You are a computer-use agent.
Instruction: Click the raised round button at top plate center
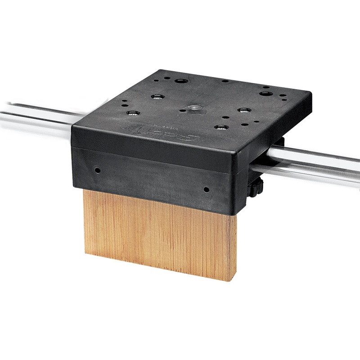195,108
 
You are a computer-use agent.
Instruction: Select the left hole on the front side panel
97,171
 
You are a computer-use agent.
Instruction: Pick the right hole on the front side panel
206,189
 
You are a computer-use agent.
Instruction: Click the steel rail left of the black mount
36,116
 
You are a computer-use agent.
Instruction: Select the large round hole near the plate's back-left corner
181,81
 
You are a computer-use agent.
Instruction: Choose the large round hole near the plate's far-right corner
265,94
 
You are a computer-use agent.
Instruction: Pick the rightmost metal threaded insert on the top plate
244,110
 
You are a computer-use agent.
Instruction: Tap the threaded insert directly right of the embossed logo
220,127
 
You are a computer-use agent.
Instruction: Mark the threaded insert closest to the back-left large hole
157,96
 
